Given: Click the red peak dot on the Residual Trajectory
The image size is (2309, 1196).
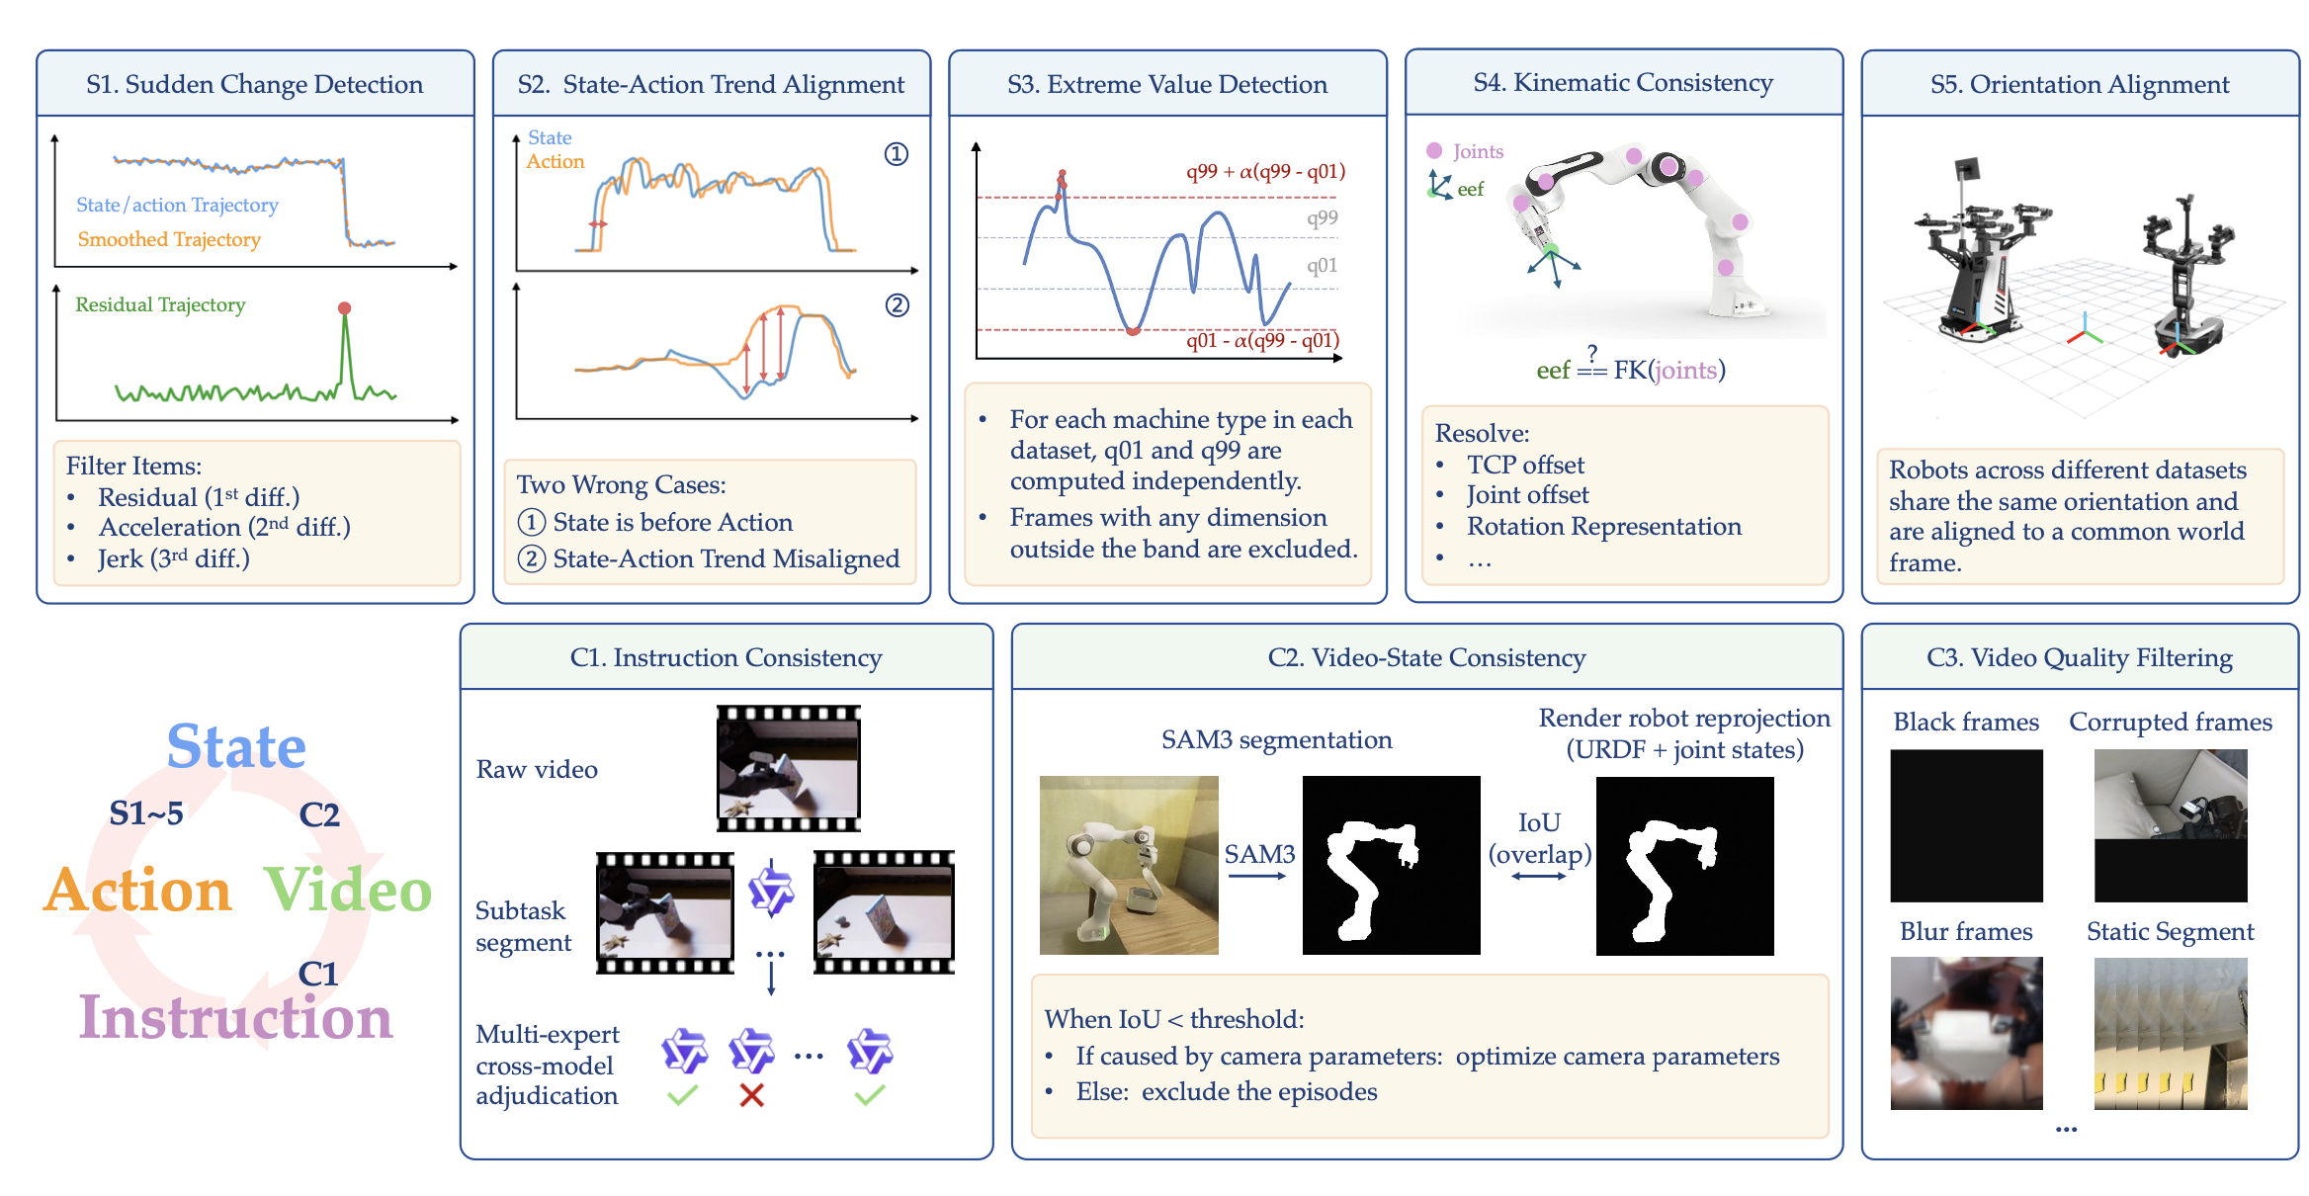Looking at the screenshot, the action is coord(344,308).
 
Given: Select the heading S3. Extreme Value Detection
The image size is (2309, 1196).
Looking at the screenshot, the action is coord(1167,84).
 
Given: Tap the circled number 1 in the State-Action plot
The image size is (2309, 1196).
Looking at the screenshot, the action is coord(897,154).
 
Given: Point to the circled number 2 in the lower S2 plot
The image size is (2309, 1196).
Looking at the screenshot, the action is coord(897,305).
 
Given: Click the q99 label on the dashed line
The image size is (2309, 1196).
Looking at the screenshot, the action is coord(1322,218).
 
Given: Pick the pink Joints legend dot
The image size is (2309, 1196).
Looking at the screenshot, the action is coord(1434,150).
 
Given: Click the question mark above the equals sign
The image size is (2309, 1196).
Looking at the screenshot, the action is coord(1591,352).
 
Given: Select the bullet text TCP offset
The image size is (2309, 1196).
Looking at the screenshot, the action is coord(1525,465).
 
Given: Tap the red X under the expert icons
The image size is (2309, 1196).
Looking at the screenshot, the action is coord(751,1095).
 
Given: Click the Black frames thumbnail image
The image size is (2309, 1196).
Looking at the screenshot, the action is coord(1966,825).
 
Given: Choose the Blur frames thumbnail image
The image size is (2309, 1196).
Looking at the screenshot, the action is coord(1966,1033).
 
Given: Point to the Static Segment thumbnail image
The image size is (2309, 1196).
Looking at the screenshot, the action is coord(2171,1033).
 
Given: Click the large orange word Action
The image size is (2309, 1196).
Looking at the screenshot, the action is coord(137,890).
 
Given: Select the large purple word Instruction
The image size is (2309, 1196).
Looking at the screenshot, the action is coord(236,1017).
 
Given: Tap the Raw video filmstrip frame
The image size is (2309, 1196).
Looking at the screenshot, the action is coord(789,768).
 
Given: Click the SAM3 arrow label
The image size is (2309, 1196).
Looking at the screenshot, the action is coord(1259,854).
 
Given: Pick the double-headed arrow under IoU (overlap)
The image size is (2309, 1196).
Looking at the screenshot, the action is coord(1539,876).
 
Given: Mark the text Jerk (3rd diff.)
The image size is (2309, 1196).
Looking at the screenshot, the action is coord(174,558).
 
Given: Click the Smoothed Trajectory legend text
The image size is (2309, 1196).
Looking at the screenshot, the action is coord(169,239).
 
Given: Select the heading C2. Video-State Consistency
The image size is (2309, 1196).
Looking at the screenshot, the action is coord(1426,657).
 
